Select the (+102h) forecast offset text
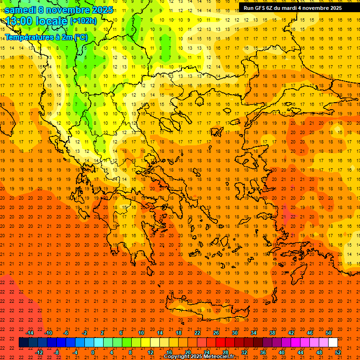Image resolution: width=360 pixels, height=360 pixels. pyautogui.click(x=83, y=21)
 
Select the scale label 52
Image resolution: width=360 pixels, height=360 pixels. pyautogui.click(x=338, y=352)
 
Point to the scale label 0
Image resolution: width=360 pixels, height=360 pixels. pyautogui.click(x=93, y=352)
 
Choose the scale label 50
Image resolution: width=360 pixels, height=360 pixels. pyautogui.click(x=329, y=333)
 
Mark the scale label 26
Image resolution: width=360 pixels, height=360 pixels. pyautogui.click(x=216, y=333)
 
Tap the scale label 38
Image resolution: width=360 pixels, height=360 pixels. pyautogui.click(x=272, y=333)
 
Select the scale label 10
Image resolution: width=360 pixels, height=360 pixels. pyautogui.click(x=141, y=333)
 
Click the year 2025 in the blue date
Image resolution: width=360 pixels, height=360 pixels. pyautogui.click(x=100, y=10)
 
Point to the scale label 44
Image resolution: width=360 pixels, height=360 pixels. pyautogui.click(x=300, y=352)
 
